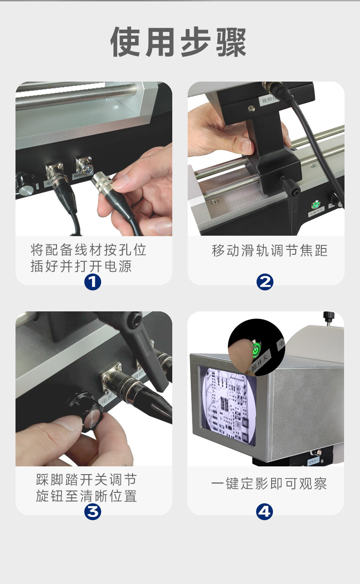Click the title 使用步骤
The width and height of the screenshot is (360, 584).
(179, 42)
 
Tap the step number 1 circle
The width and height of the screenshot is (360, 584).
(93, 282)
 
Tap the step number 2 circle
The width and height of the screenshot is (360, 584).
(265, 282)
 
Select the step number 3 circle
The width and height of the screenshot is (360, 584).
(93, 512)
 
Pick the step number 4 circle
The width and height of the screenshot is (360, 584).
(264, 512)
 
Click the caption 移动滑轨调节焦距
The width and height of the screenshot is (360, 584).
(270, 251)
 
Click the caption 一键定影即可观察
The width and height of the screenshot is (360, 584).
(269, 484)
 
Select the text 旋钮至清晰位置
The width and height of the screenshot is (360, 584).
(87, 496)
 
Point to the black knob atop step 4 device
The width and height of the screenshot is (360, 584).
(328, 316)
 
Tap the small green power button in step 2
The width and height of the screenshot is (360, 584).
(315, 204)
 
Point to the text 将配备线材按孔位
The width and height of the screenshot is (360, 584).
(88, 250)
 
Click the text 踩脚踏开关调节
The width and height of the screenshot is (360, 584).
(87, 480)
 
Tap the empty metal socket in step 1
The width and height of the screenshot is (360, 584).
(84, 164)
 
